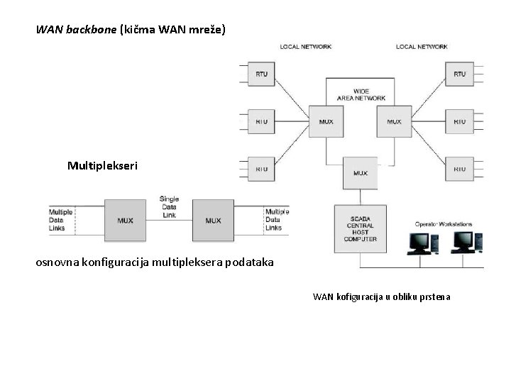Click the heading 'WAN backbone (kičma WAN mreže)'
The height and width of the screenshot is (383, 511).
pos(131,30)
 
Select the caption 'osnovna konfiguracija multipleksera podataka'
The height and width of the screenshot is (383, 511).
pos(154,262)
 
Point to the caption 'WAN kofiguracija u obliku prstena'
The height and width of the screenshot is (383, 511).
pos(381,296)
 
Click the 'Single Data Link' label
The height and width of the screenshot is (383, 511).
pos(169,206)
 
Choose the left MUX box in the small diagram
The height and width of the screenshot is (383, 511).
pos(126,220)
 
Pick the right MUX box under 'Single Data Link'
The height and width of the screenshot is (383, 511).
pos(213,220)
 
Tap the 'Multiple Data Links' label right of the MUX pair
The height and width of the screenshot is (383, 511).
pos(276,220)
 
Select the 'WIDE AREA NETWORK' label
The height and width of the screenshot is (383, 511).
pos(361,94)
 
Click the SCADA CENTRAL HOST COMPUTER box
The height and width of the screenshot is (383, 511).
pos(361,228)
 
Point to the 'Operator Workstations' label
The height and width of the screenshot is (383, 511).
pos(444,224)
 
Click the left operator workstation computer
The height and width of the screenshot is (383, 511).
pos(419,243)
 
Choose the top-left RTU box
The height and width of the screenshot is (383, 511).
pos(261,74)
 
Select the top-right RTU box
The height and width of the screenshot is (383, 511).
pos(459,74)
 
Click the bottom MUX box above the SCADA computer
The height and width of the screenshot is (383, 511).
pos(361,173)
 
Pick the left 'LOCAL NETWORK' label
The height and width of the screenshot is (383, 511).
pos(306,47)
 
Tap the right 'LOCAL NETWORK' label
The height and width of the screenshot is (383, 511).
pos(422,47)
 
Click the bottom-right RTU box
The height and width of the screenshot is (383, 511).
pos(459,169)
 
